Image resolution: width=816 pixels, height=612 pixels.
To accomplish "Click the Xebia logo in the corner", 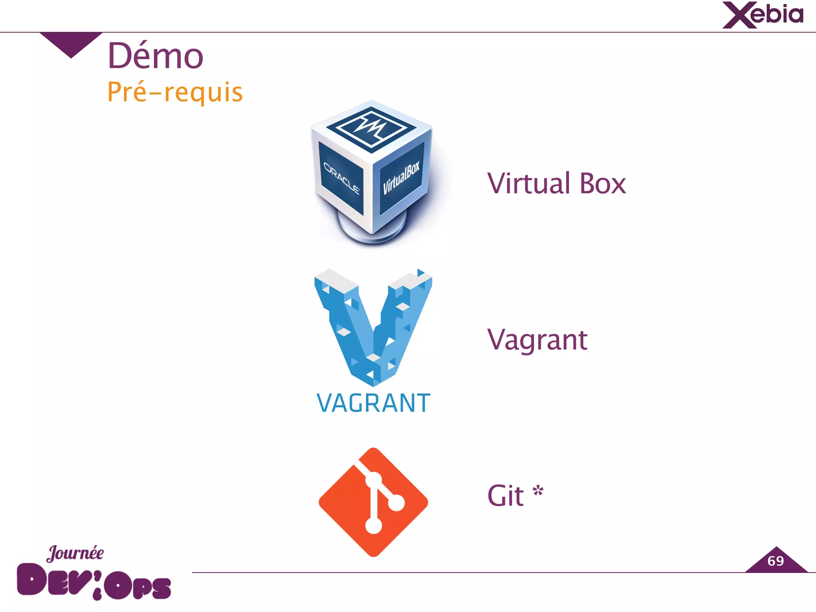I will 763,15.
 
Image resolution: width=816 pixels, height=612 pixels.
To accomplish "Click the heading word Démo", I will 155,56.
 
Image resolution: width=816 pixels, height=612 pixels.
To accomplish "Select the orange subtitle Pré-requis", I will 175,92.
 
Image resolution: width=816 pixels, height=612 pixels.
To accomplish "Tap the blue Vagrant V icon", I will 373,327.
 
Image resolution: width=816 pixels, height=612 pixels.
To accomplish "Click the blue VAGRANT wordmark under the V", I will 373,403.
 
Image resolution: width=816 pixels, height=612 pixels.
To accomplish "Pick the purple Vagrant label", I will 537,340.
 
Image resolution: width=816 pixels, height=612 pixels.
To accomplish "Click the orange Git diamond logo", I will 373,502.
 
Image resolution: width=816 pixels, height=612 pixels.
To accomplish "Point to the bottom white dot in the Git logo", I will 373,525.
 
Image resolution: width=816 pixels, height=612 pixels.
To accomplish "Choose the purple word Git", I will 506,496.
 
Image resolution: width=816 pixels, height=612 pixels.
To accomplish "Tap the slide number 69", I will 775,561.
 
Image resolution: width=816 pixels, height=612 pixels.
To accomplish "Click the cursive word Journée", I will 75,553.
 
